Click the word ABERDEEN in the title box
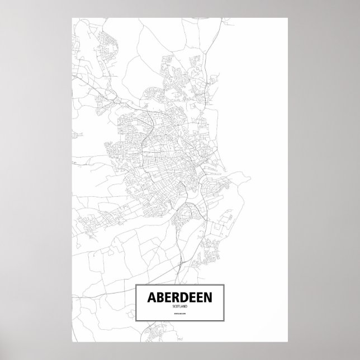point(179,299)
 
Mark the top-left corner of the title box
point(136,285)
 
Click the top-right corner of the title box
point(224,285)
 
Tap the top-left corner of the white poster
point(72,17)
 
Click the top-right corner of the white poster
point(287,17)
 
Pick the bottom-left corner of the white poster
point(72,343)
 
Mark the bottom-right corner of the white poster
point(287,343)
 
